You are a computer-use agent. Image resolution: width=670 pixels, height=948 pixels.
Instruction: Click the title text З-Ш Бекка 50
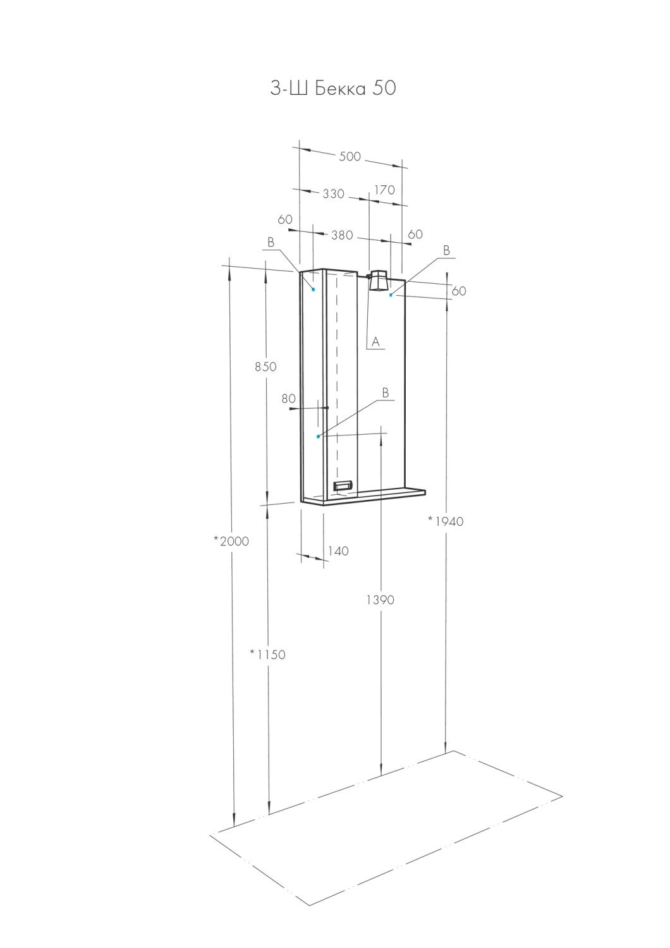coord(333,88)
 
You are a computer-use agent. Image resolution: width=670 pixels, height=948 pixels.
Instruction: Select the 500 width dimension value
coord(350,157)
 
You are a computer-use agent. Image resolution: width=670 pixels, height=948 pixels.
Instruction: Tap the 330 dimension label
coord(333,194)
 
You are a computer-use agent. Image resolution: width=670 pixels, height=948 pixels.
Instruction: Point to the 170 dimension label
coord(384,190)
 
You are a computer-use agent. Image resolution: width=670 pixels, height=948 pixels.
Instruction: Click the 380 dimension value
coord(342,235)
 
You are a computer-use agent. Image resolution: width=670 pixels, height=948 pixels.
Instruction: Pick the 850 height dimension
coord(265,367)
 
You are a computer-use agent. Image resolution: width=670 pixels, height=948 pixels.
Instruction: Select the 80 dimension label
coord(288,399)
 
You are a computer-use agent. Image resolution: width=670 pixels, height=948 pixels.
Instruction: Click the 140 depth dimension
coord(338,551)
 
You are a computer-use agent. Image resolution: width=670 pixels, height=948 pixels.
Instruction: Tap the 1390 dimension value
coord(380,600)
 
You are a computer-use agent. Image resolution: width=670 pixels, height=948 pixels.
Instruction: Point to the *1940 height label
coord(446,521)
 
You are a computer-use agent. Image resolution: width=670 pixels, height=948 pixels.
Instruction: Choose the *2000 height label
coord(231,541)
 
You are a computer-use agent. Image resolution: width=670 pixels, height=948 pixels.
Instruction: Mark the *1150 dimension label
coord(267,655)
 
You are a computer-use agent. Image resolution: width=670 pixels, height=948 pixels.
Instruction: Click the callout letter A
coord(375,342)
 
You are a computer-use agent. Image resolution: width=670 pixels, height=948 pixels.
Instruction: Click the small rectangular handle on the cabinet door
coord(343,485)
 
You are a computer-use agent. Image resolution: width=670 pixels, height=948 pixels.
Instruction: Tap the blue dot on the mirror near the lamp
coord(391,295)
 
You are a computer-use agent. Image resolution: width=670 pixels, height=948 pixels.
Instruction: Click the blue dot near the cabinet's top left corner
coord(313,289)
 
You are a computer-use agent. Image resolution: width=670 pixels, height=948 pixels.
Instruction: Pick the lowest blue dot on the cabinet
coord(318,436)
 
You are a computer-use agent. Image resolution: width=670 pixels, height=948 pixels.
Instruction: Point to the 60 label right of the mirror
coord(459,291)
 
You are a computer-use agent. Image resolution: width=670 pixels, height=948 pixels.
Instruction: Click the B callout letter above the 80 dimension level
coord(385,393)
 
